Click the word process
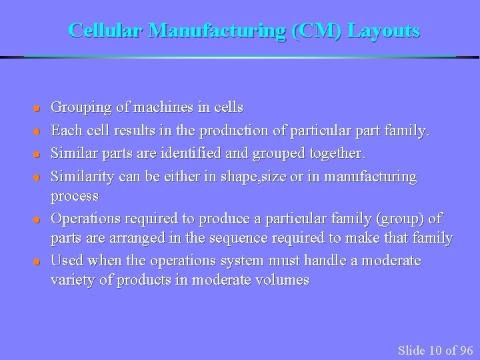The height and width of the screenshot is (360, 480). tap(75, 196)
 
